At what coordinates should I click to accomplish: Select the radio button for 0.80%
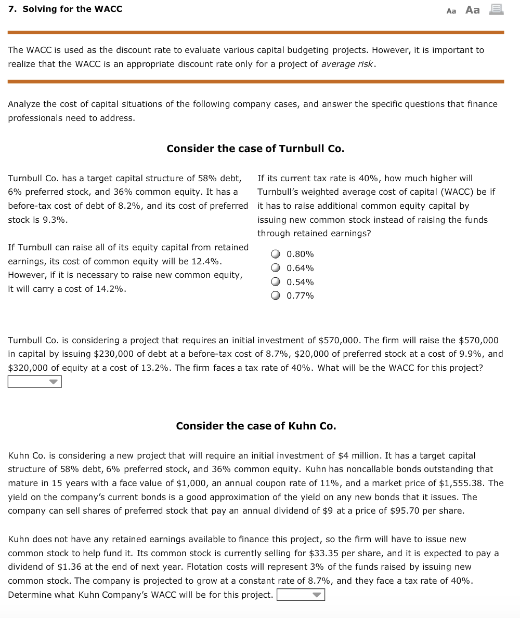click(x=276, y=254)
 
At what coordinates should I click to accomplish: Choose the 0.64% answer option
click(x=276, y=268)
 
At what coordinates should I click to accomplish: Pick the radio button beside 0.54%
click(x=276, y=283)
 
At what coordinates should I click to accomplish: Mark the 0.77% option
click(x=276, y=296)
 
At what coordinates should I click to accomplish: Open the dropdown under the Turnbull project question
click(x=35, y=382)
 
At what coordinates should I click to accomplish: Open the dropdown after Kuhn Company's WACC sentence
click(x=301, y=595)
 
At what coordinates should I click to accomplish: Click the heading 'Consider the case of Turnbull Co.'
click(x=255, y=149)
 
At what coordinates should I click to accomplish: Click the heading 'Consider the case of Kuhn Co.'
click(x=256, y=426)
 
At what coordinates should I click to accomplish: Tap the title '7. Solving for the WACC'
click(x=66, y=9)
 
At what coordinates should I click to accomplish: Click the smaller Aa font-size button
click(x=451, y=11)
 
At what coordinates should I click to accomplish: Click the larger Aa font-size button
click(x=472, y=10)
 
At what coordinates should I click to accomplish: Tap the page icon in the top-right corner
click(x=497, y=9)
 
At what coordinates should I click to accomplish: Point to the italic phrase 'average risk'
click(x=347, y=64)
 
